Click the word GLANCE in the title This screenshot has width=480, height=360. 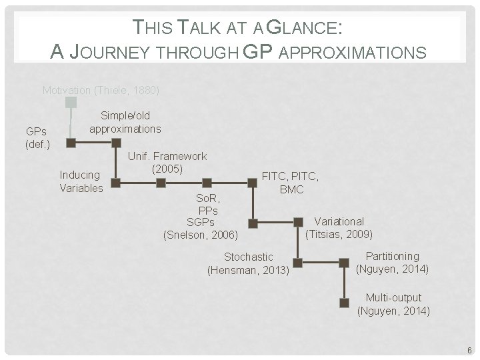[x=305, y=27]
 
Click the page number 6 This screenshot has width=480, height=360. [x=469, y=350]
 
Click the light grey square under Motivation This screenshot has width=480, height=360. [x=71, y=102]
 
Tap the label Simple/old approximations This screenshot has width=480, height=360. [x=125, y=122]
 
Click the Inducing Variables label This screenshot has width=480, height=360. [x=81, y=181]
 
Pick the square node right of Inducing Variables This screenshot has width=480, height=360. [x=115, y=182]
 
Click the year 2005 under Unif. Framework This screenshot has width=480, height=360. [x=167, y=169]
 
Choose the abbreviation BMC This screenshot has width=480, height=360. [x=291, y=190]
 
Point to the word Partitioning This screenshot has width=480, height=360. [x=393, y=256]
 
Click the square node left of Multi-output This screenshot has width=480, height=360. [x=344, y=303]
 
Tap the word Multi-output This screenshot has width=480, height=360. [x=393, y=297]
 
